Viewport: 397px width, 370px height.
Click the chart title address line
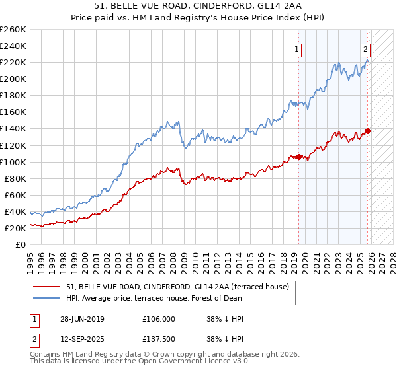(198, 7)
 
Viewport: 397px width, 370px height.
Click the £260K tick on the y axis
(13, 30)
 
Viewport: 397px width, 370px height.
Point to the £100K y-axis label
(13, 162)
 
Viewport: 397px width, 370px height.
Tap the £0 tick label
(20, 244)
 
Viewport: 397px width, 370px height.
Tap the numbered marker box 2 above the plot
(365, 48)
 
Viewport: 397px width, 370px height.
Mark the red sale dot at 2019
(298, 157)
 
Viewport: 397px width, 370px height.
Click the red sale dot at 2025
(368, 131)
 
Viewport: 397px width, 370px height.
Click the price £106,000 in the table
(159, 318)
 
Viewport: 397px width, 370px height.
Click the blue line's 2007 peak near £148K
(168, 122)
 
